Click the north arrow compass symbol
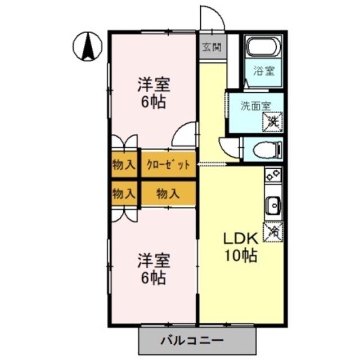88,47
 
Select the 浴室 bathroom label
263,71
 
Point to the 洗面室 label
255,105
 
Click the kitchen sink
273,206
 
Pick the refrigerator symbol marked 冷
273,231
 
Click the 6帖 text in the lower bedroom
153,278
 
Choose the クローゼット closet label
168,165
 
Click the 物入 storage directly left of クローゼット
124,165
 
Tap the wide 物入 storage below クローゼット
168,194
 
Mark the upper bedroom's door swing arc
183,136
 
